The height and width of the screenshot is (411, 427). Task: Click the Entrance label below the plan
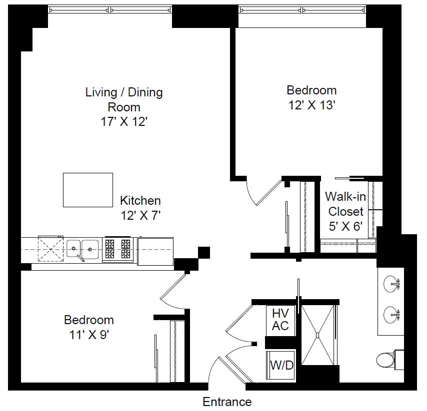pyautogui.click(x=227, y=402)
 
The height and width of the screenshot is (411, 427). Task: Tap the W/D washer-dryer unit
pyautogui.click(x=280, y=365)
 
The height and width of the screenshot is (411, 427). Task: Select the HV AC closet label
pyautogui.click(x=280, y=319)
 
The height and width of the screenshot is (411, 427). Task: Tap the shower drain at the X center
pyautogui.click(x=317, y=336)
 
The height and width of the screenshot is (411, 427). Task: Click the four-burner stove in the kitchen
pyautogui.click(x=117, y=249)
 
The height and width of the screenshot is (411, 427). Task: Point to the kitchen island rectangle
pyautogui.click(x=88, y=190)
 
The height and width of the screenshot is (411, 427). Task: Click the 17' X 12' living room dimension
pyautogui.click(x=124, y=121)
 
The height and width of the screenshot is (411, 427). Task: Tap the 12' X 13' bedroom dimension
pyautogui.click(x=311, y=105)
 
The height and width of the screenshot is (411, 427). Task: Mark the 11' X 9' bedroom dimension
pyautogui.click(x=89, y=335)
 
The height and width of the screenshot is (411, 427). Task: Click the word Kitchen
pyautogui.click(x=140, y=201)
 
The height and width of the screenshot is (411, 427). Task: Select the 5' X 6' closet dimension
pyautogui.click(x=345, y=226)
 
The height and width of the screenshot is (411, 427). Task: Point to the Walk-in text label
pyautogui.click(x=345, y=197)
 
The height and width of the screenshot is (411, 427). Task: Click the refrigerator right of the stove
pyautogui.click(x=155, y=251)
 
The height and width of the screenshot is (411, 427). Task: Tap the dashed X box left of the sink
pyautogui.click(x=50, y=249)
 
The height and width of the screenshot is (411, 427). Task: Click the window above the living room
pyautogui.click(x=110, y=10)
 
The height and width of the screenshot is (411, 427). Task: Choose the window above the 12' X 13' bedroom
pyautogui.click(x=302, y=10)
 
